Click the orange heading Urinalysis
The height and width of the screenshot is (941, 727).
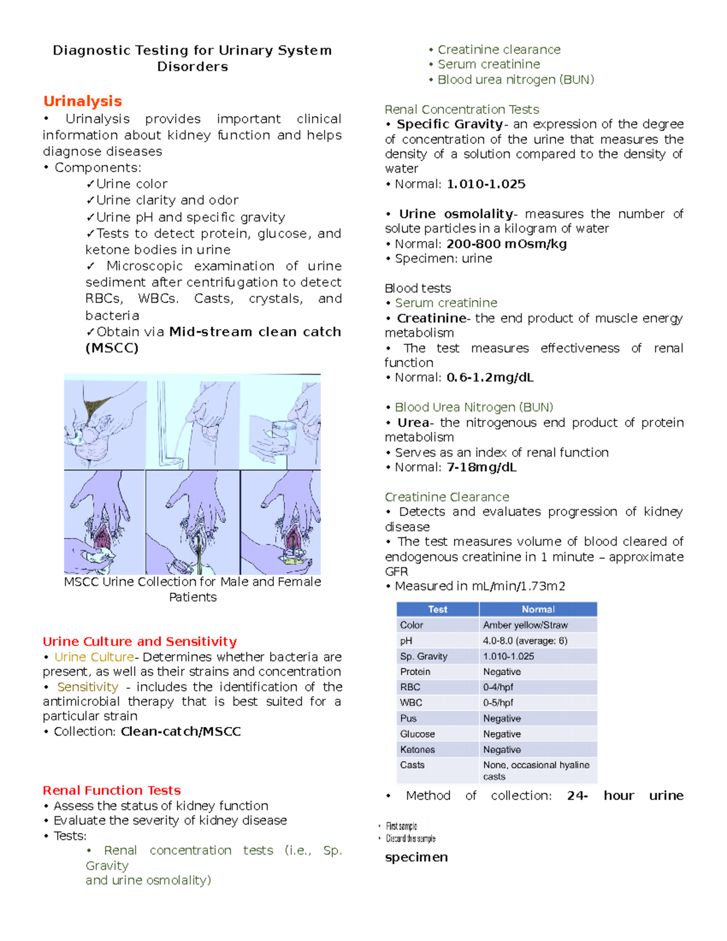(x=82, y=101)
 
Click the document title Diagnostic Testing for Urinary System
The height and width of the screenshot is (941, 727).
(x=192, y=50)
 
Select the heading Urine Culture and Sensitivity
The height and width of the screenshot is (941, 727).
(x=139, y=641)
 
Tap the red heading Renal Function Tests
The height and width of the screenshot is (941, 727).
(x=111, y=790)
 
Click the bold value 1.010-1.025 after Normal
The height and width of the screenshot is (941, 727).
(x=486, y=184)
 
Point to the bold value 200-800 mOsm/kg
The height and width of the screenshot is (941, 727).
(x=506, y=244)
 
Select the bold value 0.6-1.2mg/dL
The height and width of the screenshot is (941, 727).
(x=490, y=377)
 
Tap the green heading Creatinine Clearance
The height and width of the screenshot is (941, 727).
(x=446, y=497)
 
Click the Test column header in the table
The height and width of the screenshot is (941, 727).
(x=437, y=610)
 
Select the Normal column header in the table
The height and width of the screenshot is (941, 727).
(x=538, y=610)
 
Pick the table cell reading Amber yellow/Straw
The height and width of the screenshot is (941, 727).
(x=525, y=625)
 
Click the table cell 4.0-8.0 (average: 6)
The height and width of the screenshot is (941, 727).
(x=525, y=640)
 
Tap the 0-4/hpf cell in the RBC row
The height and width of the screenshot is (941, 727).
(x=498, y=687)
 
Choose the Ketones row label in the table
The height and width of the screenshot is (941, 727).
(x=417, y=750)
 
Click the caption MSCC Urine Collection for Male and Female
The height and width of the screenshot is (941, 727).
(x=192, y=582)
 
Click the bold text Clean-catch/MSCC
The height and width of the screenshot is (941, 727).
(x=181, y=731)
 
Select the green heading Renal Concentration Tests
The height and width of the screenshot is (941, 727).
(x=462, y=110)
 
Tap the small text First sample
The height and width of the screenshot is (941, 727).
(x=402, y=826)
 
